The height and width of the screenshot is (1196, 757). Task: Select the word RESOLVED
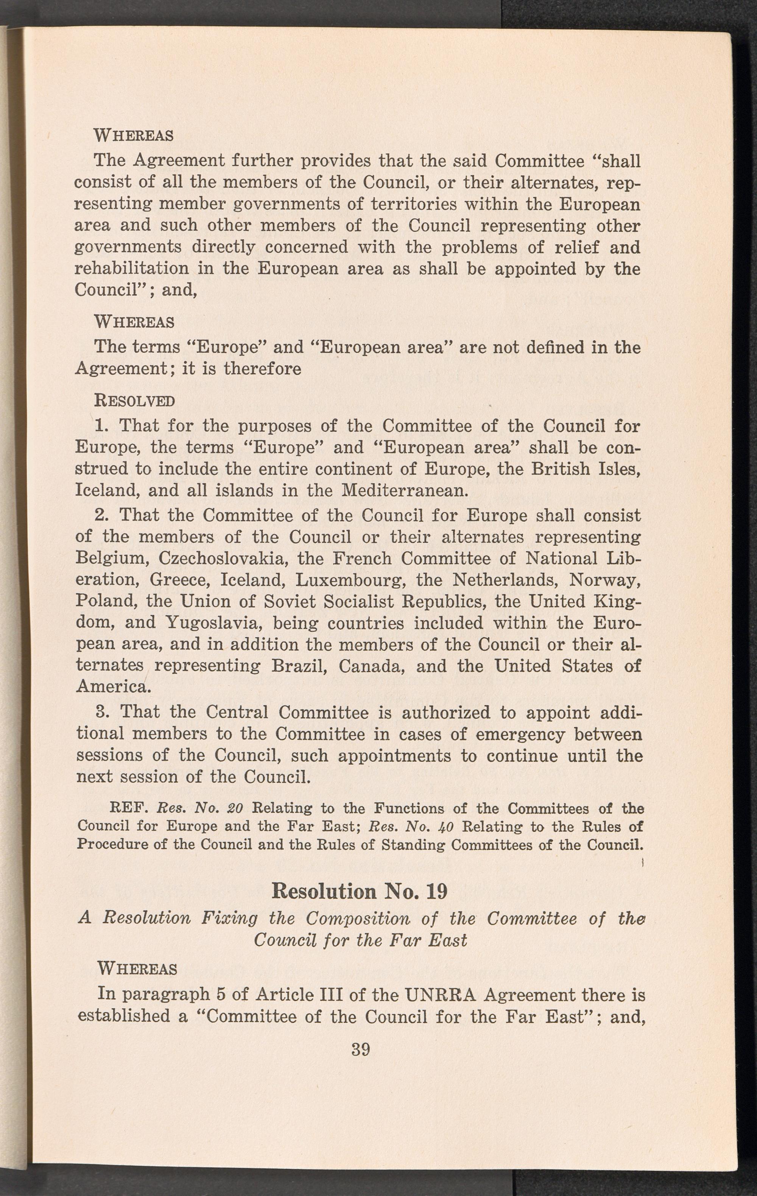(x=134, y=400)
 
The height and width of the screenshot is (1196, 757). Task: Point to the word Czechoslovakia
(x=222, y=559)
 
